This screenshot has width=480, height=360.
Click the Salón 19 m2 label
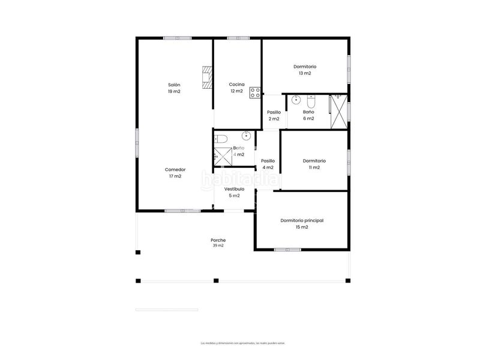[x=174, y=88]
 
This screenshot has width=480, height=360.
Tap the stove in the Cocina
[x=255, y=92]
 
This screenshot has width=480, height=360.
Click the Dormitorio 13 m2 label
[x=305, y=70]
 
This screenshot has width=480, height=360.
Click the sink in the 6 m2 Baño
[x=295, y=101]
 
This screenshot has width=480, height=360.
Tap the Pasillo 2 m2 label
[x=274, y=115]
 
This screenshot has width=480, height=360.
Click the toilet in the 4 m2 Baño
[x=221, y=139]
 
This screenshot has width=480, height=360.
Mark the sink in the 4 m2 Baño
[x=246, y=135]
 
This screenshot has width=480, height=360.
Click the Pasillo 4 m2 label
[x=268, y=164]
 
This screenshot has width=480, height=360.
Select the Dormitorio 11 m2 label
[x=314, y=164]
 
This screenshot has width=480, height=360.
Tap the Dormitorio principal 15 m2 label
[x=302, y=224]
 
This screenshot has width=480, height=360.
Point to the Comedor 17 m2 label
[x=175, y=173]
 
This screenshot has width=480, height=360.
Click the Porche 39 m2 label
[x=218, y=242]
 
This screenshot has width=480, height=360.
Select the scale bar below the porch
[x=167, y=310]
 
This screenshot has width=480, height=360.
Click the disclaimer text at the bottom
[x=242, y=343]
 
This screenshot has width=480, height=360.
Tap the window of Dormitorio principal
[x=287, y=249]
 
